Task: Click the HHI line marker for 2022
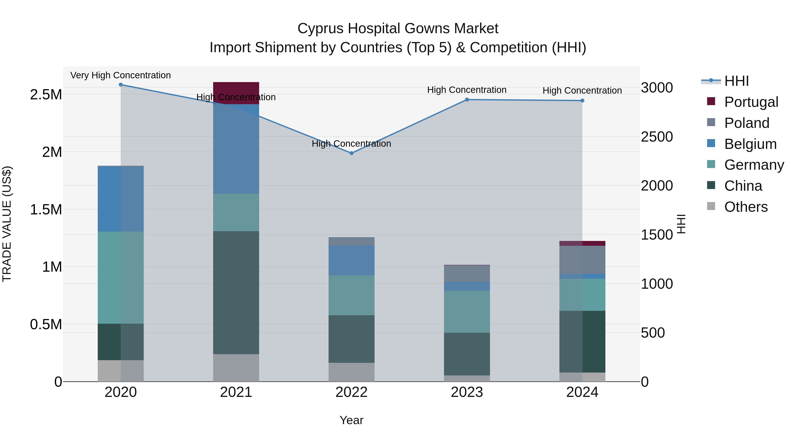click(351, 153)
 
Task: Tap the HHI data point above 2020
click(121, 85)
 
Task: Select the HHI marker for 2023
click(467, 100)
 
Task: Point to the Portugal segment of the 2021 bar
click(236, 89)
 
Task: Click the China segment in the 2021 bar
click(236, 292)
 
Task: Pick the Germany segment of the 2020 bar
click(121, 277)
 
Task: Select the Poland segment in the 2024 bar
click(582, 260)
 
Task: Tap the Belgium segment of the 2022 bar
click(351, 260)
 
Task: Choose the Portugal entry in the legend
click(751, 102)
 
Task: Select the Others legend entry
click(746, 207)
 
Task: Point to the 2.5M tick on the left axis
click(46, 95)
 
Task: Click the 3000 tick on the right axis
click(657, 88)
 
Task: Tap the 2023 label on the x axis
click(467, 392)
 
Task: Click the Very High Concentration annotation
click(121, 75)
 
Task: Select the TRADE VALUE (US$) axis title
click(7, 224)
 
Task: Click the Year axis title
click(351, 420)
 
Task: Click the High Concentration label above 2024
click(582, 90)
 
